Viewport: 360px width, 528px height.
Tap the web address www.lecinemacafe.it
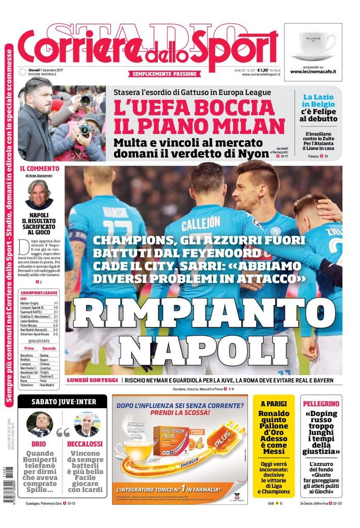coord(313,71)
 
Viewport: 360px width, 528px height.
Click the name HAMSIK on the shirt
coord(116,211)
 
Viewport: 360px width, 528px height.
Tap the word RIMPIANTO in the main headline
coord(204,315)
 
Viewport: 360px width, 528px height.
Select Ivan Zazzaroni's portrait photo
coord(39,195)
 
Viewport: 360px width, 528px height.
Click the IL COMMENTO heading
coord(40,169)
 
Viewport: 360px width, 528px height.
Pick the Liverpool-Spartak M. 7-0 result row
coord(39,307)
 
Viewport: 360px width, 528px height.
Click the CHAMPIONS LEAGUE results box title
coord(39,293)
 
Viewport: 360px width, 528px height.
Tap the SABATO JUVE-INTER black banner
coord(63,402)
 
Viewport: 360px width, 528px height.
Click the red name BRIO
coord(39,444)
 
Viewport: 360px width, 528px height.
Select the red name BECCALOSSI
coord(85,444)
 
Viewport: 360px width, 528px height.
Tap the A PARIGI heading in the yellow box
coord(274,404)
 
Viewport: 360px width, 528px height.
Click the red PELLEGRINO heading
coord(321,404)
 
